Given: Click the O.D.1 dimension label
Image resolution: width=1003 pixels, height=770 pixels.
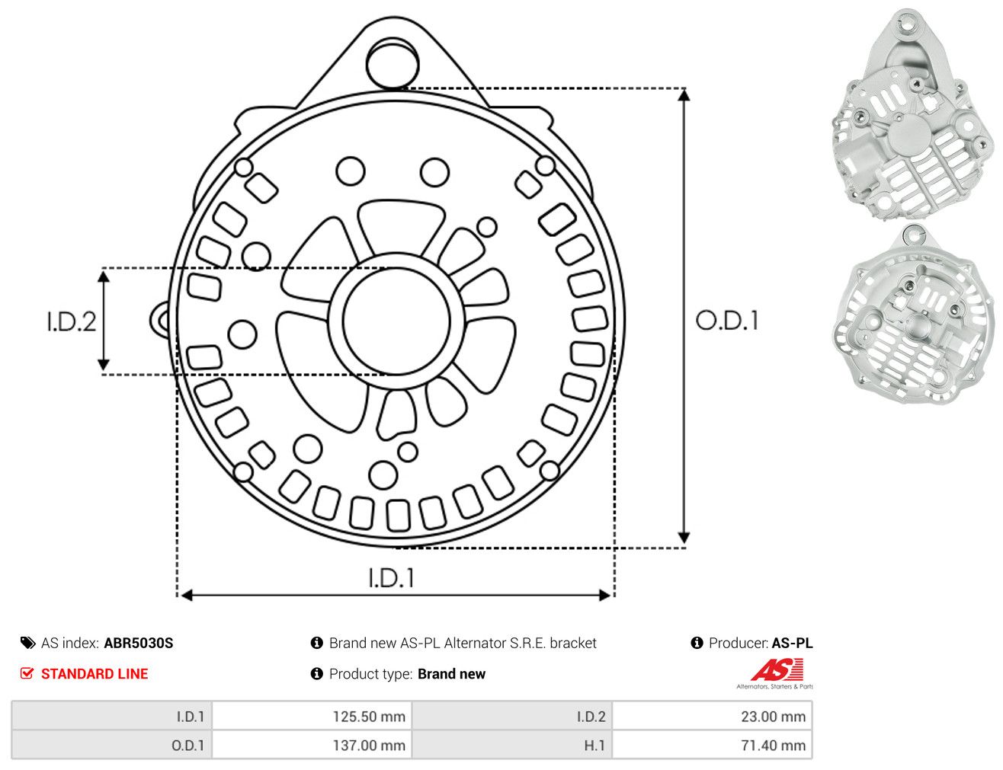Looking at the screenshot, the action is pos(727,321).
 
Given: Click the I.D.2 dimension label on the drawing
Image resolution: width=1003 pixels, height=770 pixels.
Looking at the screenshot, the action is pos(72,321).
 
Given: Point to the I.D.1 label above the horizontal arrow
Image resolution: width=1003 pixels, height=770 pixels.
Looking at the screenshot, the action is pos(392,578).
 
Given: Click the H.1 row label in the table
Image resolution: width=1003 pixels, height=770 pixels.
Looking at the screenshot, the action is pos(594,745).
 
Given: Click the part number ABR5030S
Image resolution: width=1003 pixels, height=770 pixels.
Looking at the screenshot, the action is pos(139,644).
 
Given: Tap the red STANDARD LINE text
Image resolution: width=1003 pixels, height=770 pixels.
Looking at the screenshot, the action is pos(95,674).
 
